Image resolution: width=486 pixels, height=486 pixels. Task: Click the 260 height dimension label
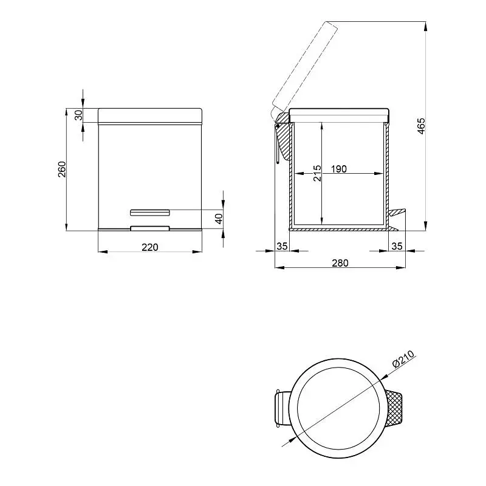tap(63, 169)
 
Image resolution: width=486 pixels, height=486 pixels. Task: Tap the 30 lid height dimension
tap(79, 115)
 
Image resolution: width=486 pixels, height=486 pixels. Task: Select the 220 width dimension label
tap(150, 247)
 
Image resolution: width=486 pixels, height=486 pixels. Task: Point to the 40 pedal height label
tap(219, 219)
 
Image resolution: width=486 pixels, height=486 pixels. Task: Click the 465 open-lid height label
tap(421, 126)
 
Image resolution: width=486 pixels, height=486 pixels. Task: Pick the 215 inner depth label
tap(317, 173)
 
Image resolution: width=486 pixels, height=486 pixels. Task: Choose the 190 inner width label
tap(339, 169)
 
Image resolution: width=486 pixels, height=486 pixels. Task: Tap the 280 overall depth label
tap(340, 263)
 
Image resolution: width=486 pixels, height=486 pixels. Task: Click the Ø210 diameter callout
tap(403, 359)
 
